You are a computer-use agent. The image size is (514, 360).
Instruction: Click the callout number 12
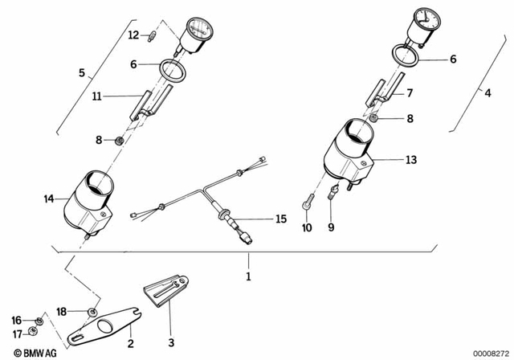(x=134, y=34)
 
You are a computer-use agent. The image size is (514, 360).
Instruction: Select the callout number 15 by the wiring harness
(x=280, y=219)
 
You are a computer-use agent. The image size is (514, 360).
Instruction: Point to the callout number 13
(x=410, y=160)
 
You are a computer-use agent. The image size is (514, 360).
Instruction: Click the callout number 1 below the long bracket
(x=248, y=277)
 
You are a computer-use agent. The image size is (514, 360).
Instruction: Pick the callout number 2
(x=131, y=344)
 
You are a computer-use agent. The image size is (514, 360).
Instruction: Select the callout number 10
(x=304, y=228)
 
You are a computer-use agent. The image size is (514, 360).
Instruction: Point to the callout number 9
(x=329, y=228)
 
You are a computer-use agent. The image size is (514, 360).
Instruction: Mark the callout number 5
(x=81, y=73)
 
